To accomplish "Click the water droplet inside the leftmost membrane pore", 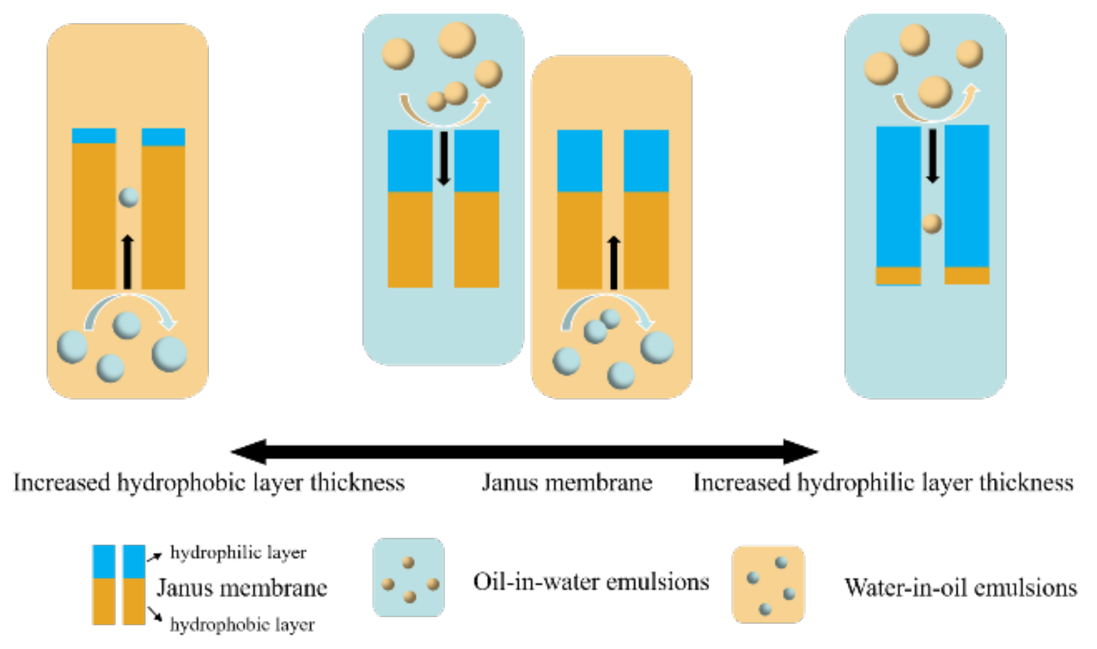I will click(x=129, y=197).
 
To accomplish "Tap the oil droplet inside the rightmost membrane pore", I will click(x=931, y=224).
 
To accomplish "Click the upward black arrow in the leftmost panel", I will click(x=127, y=262).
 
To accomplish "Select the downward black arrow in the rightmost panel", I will click(x=932, y=155).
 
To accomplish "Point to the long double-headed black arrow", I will click(x=524, y=452).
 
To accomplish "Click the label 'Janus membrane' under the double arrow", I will click(x=567, y=483).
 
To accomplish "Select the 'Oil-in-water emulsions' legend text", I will click(x=591, y=581).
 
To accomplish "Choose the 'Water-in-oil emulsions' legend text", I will click(x=960, y=587).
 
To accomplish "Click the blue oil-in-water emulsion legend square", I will click(x=408, y=577).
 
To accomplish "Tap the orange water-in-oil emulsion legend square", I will click(x=768, y=584).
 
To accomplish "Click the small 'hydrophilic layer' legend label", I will click(x=238, y=552).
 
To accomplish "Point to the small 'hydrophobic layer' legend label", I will click(x=242, y=625).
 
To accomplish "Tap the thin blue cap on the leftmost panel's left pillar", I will click(x=94, y=135).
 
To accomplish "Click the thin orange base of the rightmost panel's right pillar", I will click(x=967, y=275).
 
